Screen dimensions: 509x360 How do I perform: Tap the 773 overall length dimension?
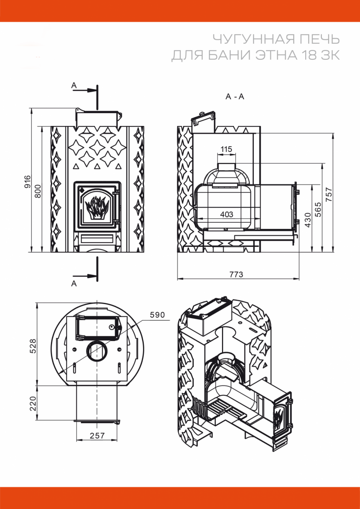point(236,274)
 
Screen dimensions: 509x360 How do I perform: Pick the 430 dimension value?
point(309,220)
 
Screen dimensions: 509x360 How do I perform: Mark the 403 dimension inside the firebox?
point(226,215)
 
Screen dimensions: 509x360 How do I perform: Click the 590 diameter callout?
point(157,315)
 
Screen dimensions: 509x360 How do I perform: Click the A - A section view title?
point(235,97)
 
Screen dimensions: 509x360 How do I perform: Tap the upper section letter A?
point(74,86)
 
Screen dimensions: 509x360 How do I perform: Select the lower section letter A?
point(74,284)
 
